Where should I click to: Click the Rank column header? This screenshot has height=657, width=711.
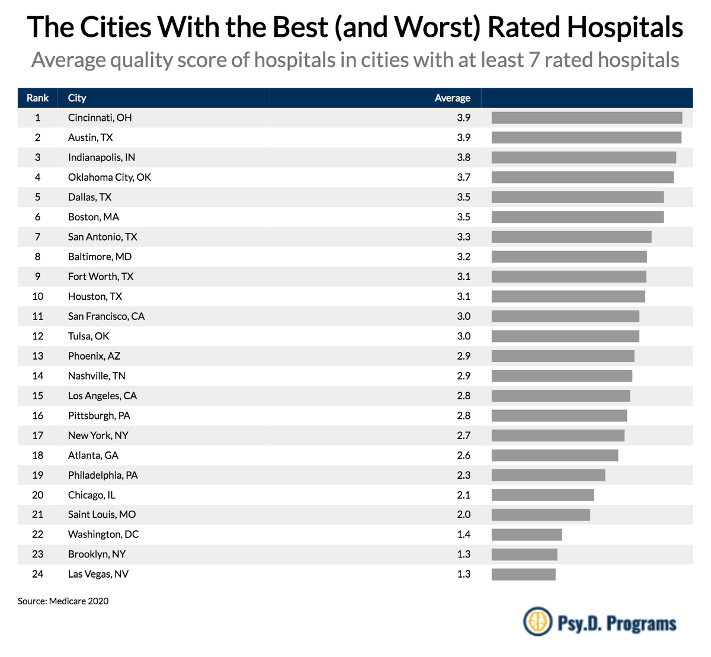(37, 98)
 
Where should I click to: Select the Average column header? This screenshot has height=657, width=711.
(452, 98)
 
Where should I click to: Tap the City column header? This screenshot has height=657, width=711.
(77, 98)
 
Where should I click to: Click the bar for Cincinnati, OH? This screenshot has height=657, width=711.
(587, 118)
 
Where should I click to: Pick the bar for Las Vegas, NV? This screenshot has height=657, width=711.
(524, 574)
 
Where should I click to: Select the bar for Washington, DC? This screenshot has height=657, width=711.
(527, 534)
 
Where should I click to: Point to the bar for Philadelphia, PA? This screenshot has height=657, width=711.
(548, 475)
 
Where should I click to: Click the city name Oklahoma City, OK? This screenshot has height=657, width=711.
(110, 177)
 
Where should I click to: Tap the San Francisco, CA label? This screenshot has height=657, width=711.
(106, 316)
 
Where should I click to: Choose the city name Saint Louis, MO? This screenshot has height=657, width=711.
(102, 514)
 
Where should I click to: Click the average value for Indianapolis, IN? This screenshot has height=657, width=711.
(463, 158)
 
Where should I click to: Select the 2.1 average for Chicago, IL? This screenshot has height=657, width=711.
(463, 495)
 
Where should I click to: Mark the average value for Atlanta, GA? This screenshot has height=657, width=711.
(463, 455)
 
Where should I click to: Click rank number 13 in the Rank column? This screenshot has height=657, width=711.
(37, 356)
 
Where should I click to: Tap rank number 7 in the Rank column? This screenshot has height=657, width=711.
(37, 237)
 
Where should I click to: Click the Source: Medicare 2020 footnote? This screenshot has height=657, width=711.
(63, 601)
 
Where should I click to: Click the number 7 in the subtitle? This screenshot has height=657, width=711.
(534, 60)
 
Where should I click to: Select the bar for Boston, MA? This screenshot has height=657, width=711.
(578, 217)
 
